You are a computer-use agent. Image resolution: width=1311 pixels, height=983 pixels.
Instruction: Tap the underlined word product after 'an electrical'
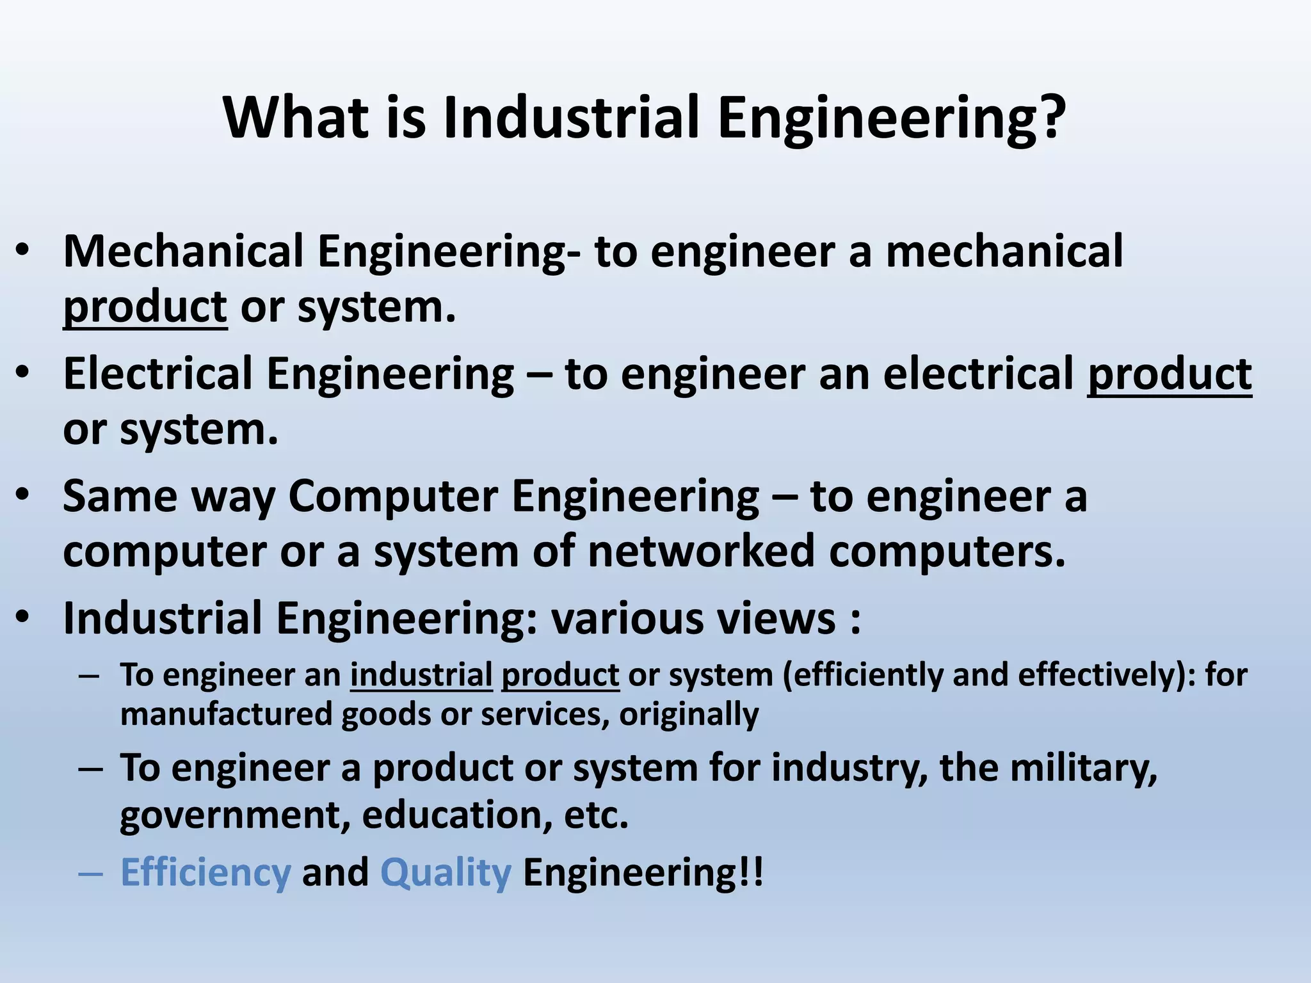(1169, 374)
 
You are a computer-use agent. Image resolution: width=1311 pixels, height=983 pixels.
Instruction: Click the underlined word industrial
(421, 675)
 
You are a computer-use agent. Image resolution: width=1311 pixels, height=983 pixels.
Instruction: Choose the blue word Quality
(446, 873)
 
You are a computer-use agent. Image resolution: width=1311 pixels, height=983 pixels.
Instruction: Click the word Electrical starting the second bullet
(157, 374)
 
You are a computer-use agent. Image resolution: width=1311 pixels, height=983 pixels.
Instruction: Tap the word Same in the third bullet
(120, 496)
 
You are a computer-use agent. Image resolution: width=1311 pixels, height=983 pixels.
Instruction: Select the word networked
(701, 551)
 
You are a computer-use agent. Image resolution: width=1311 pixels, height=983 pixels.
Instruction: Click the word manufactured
(226, 714)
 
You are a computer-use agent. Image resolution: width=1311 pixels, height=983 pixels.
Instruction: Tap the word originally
(689, 714)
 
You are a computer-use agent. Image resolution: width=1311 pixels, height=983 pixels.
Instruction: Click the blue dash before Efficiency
(90, 873)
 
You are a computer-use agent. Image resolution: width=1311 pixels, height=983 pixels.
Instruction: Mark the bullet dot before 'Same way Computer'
(23, 496)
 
